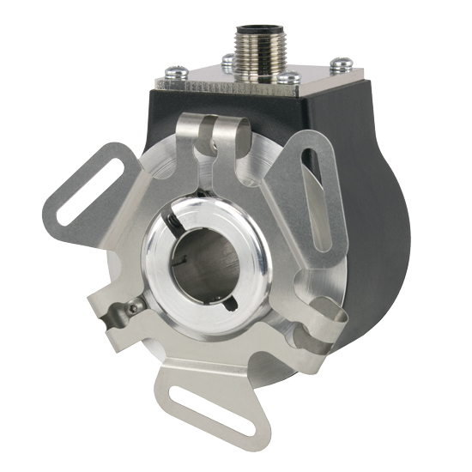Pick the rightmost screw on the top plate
click(342, 63)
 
